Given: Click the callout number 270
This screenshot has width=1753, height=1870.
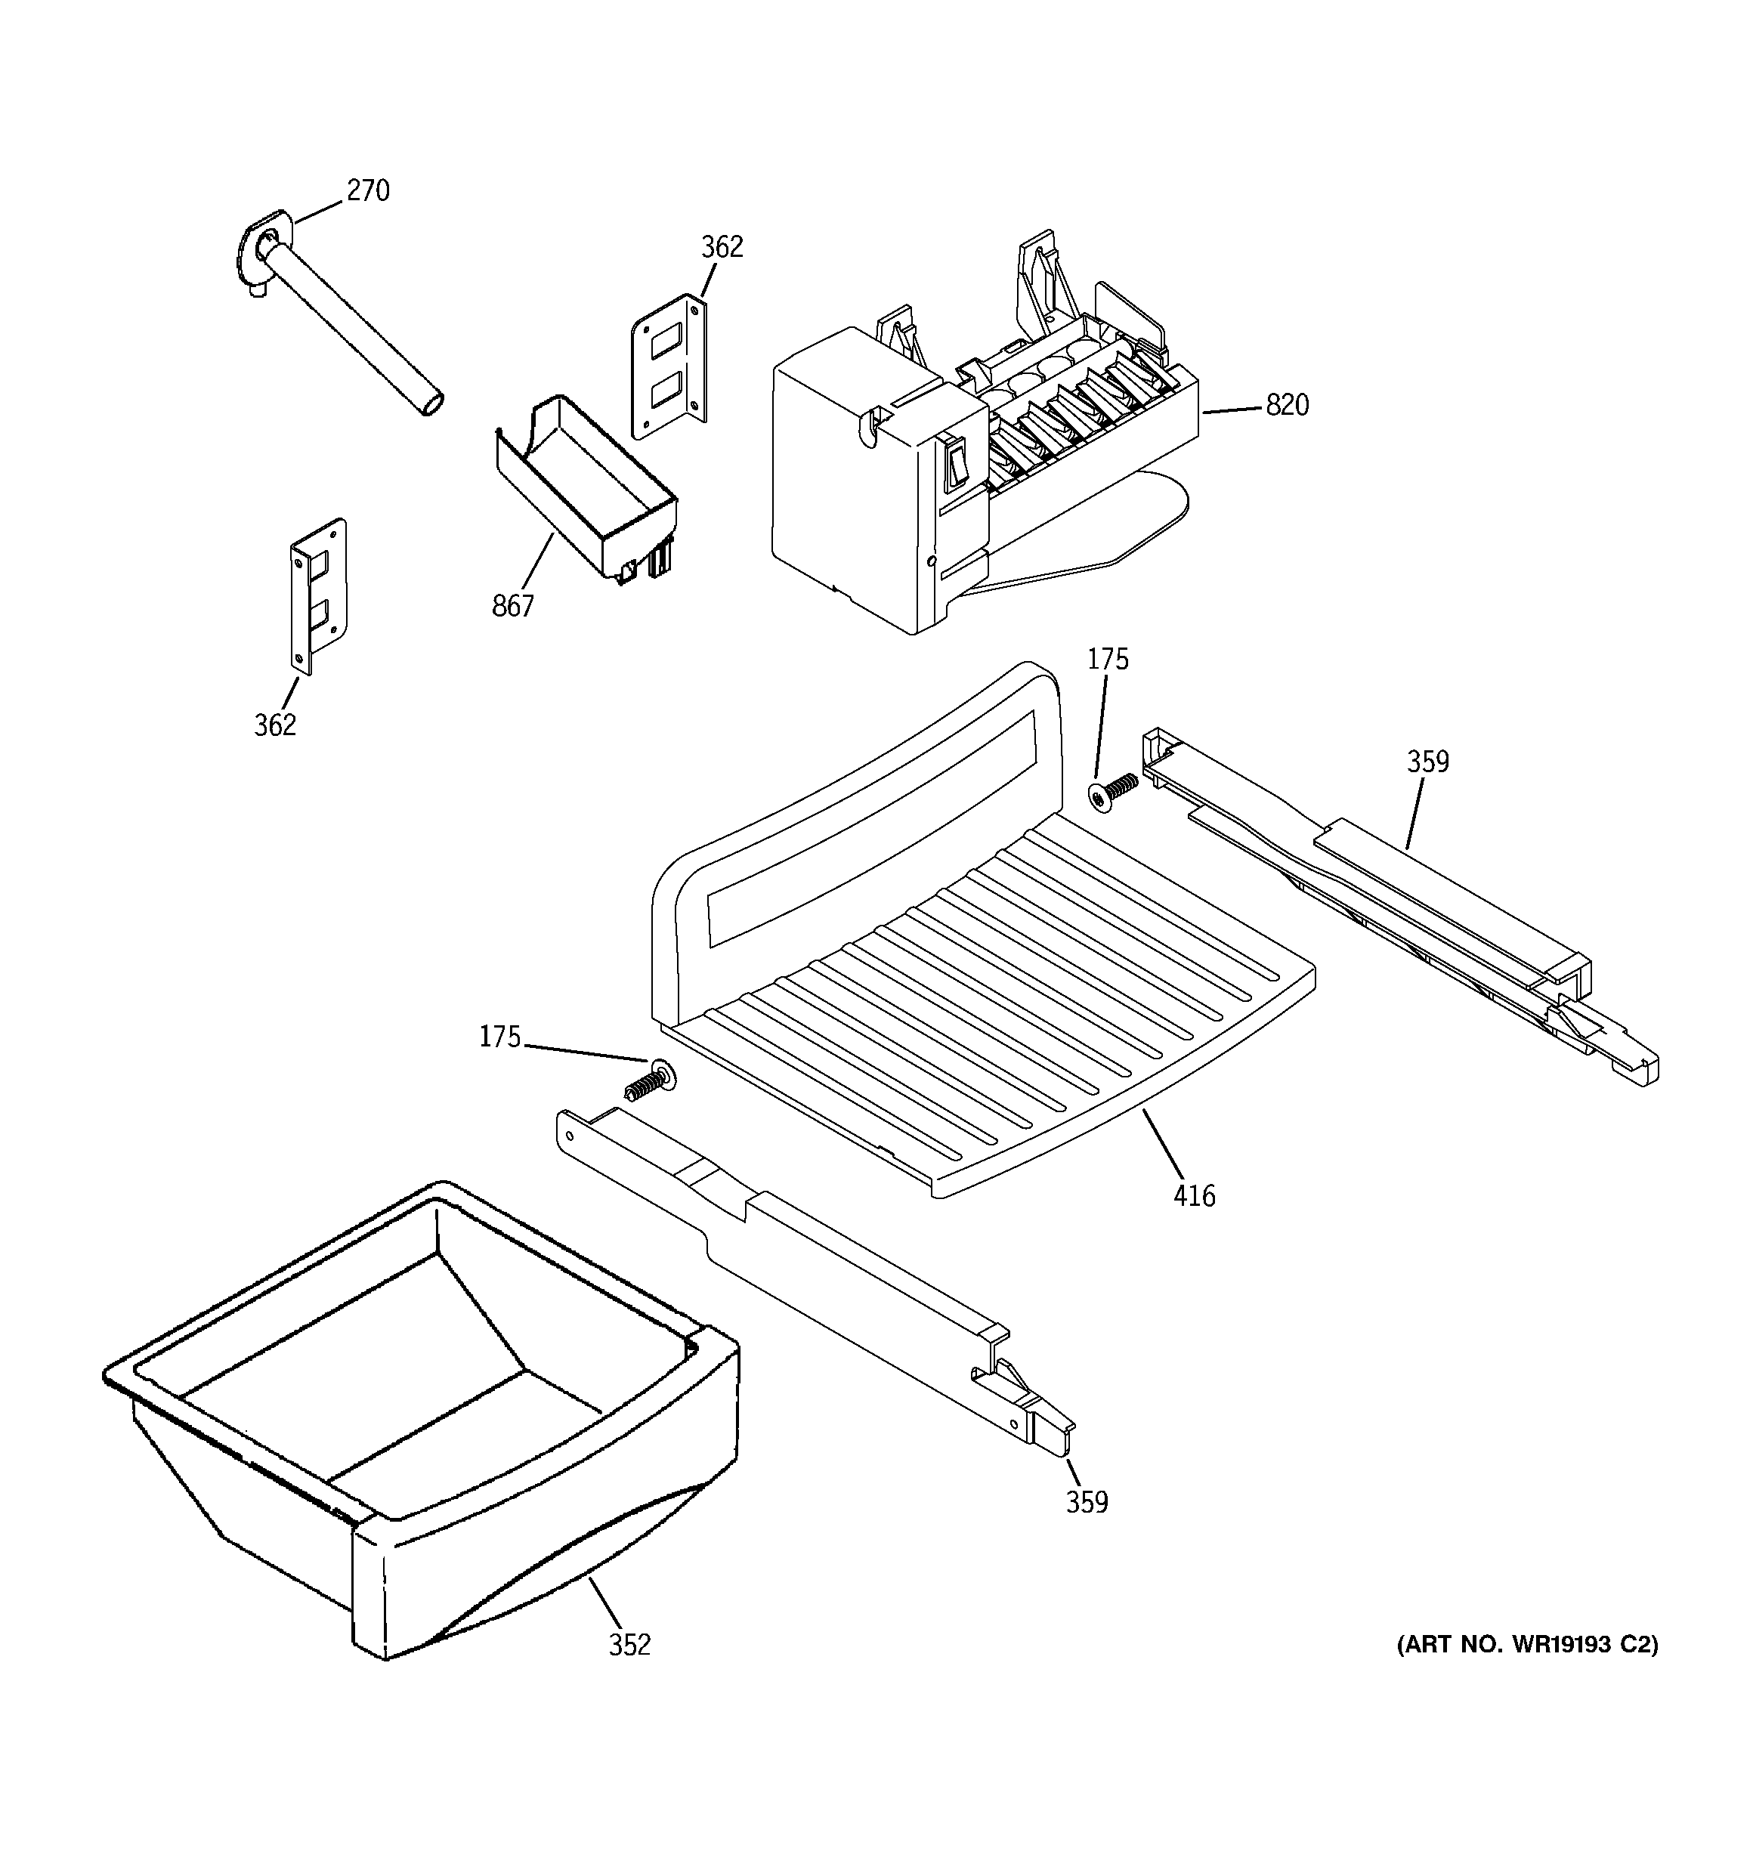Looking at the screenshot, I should click(367, 191).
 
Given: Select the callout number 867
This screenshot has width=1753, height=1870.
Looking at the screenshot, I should click(513, 607).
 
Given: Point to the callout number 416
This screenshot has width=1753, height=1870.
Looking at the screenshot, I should click(1194, 1197).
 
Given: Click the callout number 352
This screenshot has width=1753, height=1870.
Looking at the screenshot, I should click(629, 1645).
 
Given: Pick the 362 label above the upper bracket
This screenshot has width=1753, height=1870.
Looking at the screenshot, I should click(722, 247).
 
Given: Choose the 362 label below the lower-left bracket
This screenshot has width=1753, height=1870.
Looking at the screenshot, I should click(275, 725).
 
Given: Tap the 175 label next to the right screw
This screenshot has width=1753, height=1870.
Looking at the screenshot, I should click(1108, 660).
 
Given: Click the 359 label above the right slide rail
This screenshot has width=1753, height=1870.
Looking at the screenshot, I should click(1427, 762).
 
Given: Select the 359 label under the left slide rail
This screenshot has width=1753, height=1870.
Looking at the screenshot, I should click(1087, 1503).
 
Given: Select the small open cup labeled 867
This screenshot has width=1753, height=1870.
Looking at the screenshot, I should click(583, 489).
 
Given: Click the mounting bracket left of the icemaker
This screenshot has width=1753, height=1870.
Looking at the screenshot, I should click(669, 367).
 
